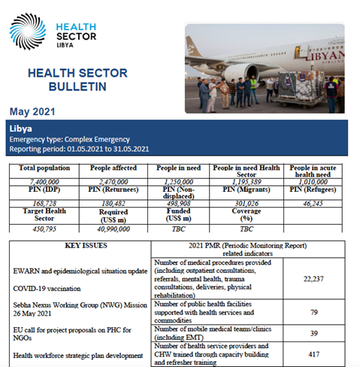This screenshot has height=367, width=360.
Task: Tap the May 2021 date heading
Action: [x=32, y=111]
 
